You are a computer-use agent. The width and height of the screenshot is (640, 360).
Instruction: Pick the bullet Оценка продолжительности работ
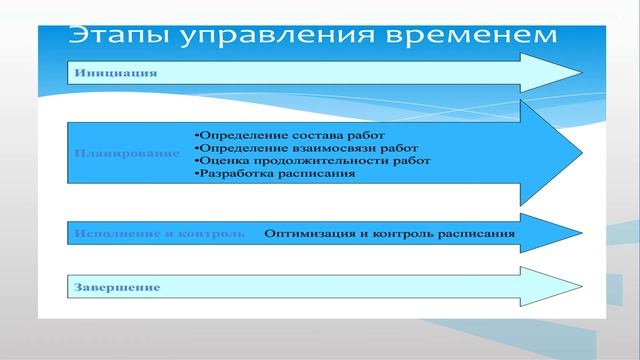312,160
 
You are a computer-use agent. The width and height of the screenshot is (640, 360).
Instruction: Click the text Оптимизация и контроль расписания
390,234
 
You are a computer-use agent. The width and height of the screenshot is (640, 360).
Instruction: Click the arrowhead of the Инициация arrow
555,73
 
